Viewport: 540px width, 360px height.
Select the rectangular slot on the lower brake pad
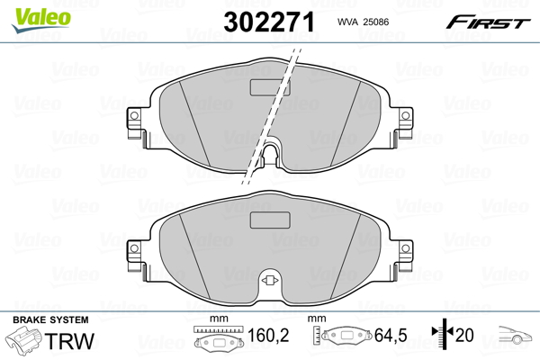point(266,220)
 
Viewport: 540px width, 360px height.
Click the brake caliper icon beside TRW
point(24,342)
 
